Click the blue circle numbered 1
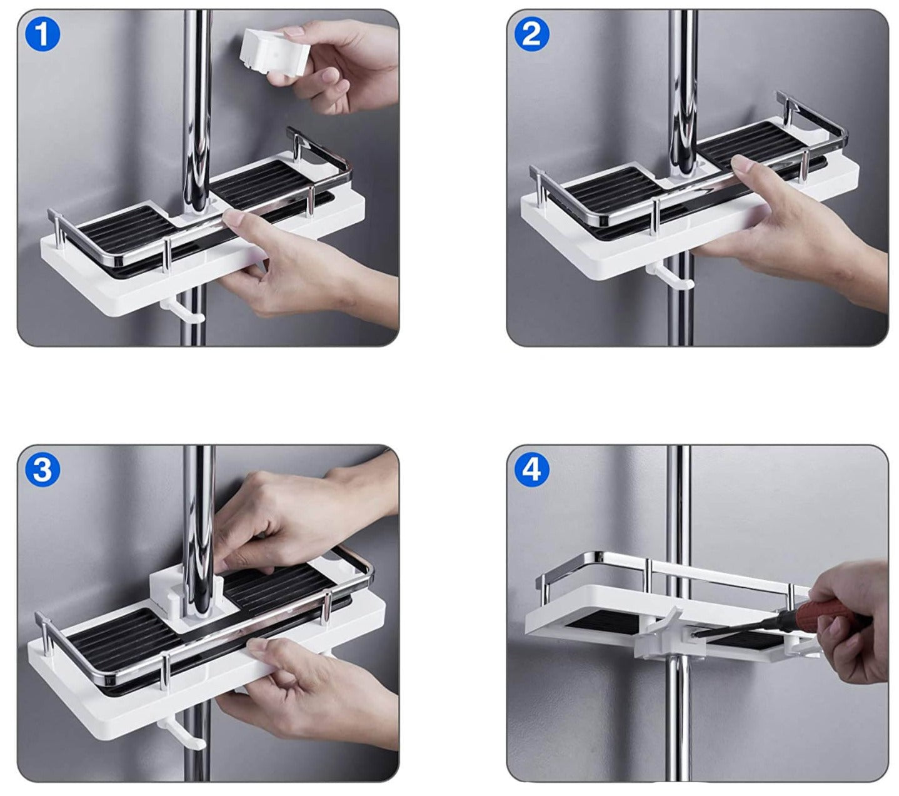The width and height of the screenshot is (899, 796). pos(42,34)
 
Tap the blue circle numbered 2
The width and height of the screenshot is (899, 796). pos(531,34)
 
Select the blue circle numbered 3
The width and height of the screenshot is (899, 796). pos(42,470)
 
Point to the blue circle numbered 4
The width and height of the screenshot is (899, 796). pos(531,470)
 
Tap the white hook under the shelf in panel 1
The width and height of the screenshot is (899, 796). pos(182,311)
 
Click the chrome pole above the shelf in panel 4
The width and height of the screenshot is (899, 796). pos(678,500)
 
